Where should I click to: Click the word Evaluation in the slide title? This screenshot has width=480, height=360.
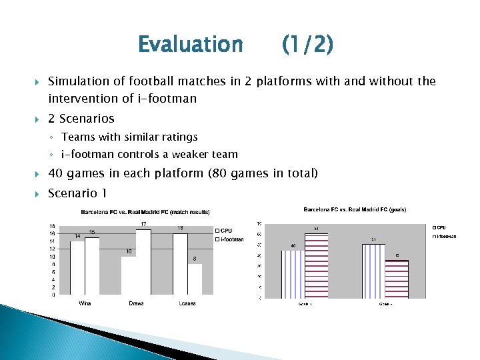pyautogui.click(x=190, y=45)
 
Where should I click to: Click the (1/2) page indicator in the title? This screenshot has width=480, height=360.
pyautogui.click(x=307, y=45)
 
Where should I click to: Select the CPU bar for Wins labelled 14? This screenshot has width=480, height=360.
pyautogui.click(x=77, y=267)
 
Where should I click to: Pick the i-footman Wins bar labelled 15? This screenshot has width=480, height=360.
pyautogui.click(x=92, y=265)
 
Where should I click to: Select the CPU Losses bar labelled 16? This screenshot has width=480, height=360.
pyautogui.click(x=180, y=263)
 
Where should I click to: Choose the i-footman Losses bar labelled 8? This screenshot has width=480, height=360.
pyautogui.click(x=195, y=279)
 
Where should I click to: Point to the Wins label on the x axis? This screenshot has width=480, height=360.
pyautogui.click(x=85, y=303)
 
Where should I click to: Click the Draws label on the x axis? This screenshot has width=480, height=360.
pyautogui.click(x=136, y=303)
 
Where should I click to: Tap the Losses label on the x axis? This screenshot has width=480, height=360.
pyautogui.click(x=187, y=303)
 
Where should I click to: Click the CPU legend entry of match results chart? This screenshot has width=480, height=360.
pyautogui.click(x=226, y=231)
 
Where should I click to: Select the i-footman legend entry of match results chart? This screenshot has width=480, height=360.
pyautogui.click(x=231, y=239)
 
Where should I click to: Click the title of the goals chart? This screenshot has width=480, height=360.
pyautogui.click(x=355, y=209)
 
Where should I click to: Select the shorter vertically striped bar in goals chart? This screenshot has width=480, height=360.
pyautogui.click(x=293, y=274)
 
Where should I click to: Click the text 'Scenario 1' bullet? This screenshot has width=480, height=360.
pyautogui.click(x=77, y=193)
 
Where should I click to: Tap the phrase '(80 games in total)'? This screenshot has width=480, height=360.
pyautogui.click(x=263, y=173)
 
